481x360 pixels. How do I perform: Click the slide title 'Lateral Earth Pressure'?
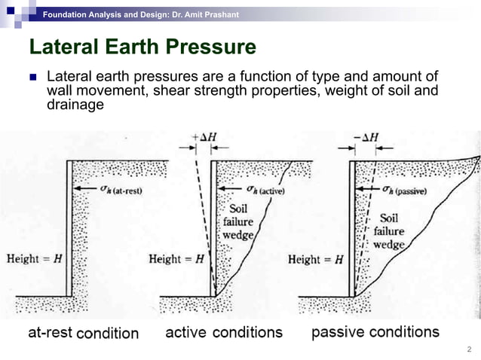click(x=142, y=47)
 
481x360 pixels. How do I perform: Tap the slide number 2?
click(x=469, y=349)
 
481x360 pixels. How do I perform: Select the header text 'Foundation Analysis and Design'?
click(x=105, y=15)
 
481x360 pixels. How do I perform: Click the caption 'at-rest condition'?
click(x=83, y=332)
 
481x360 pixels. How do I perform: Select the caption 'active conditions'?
click(x=224, y=332)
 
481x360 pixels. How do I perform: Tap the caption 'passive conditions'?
click(x=375, y=331)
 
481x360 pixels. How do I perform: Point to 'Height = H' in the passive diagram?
click(x=315, y=259)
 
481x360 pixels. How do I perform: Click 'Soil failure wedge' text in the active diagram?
click(x=238, y=222)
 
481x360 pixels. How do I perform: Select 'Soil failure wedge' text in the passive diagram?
click(x=389, y=230)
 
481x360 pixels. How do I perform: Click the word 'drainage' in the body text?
click(x=75, y=105)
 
